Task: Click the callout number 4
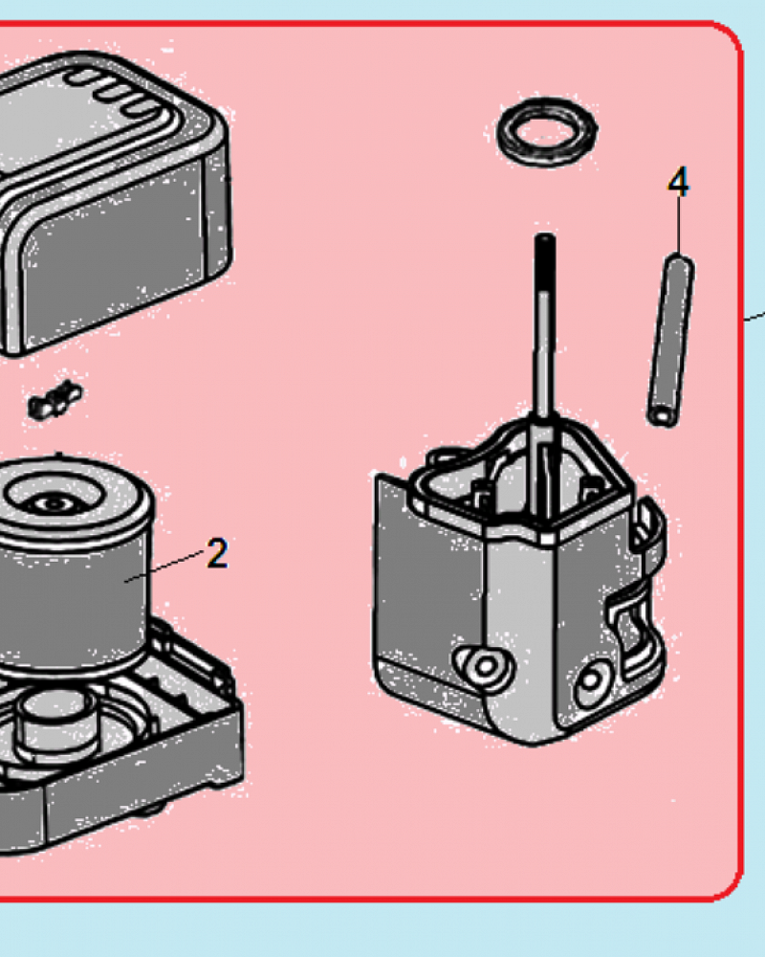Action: click(x=678, y=182)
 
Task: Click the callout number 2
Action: click(x=217, y=553)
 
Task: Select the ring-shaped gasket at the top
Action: click(x=547, y=132)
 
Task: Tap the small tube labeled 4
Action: click(x=670, y=341)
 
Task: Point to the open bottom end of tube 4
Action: click(x=662, y=417)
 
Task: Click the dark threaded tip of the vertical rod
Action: click(x=545, y=262)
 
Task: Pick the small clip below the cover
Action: click(x=55, y=399)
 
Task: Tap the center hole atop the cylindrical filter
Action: click(x=54, y=503)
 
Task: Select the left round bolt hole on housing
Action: click(x=486, y=666)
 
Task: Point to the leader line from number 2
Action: click(x=164, y=566)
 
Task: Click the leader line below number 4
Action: click(x=678, y=226)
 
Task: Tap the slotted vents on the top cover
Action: click(x=116, y=93)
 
